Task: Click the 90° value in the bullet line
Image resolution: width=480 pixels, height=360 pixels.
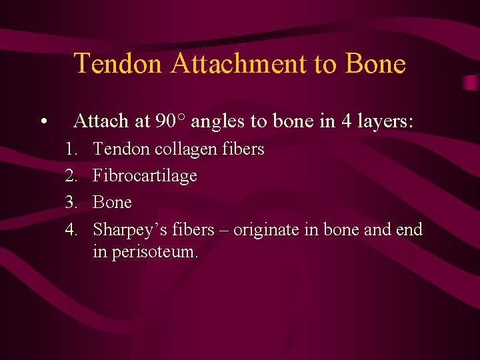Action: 171,121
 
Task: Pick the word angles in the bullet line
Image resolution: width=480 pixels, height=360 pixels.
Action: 217,121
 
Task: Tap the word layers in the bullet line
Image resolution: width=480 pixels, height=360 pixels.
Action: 385,121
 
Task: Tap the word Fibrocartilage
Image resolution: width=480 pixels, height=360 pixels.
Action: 145,176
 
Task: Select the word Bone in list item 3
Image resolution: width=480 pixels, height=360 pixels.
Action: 112,202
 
